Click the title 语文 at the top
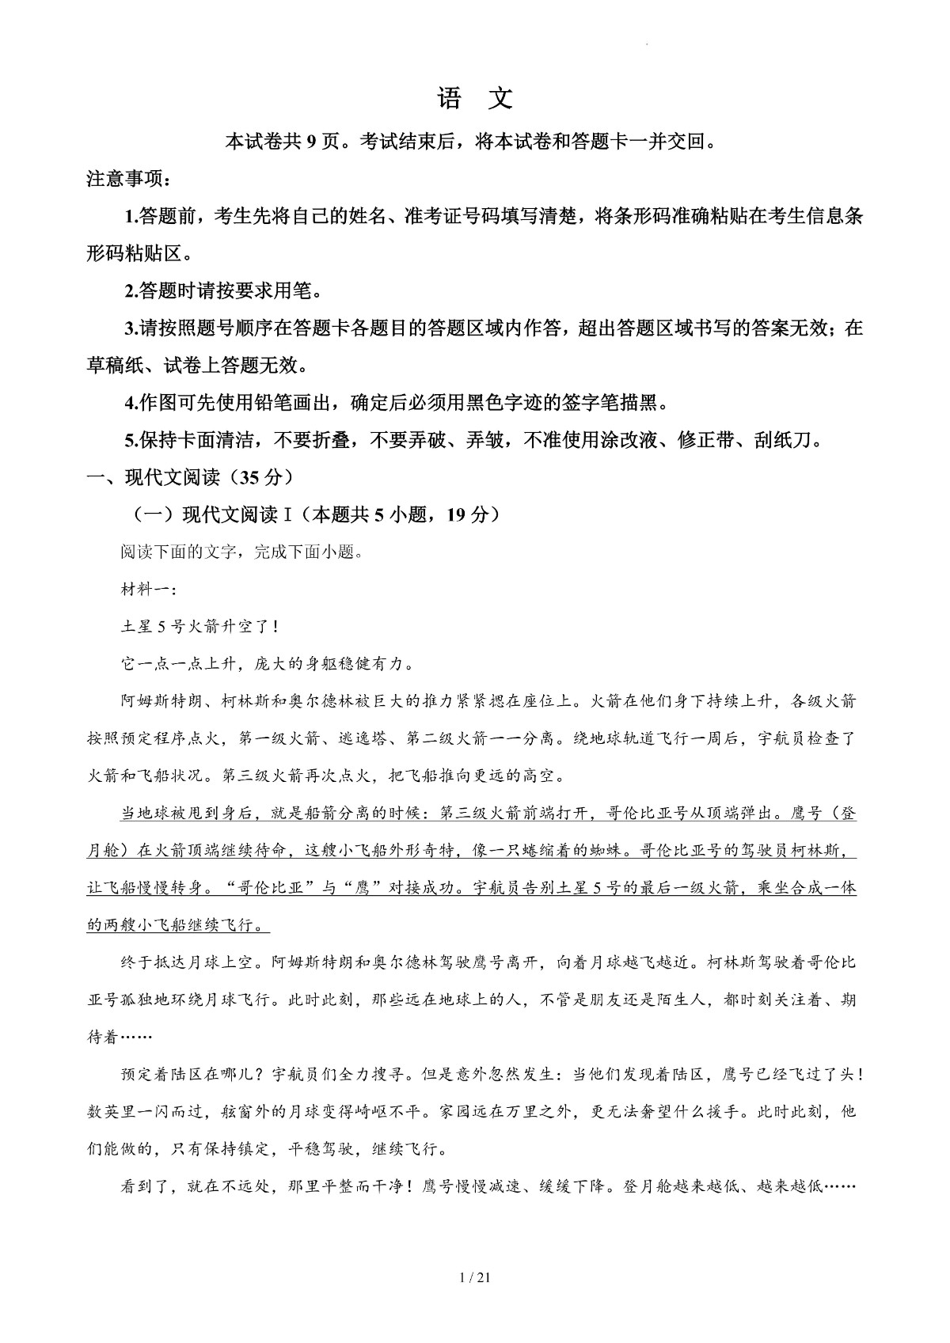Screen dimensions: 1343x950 point(475,99)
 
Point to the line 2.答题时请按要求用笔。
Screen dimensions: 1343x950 point(224,291)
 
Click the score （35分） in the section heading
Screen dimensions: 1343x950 point(257,477)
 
